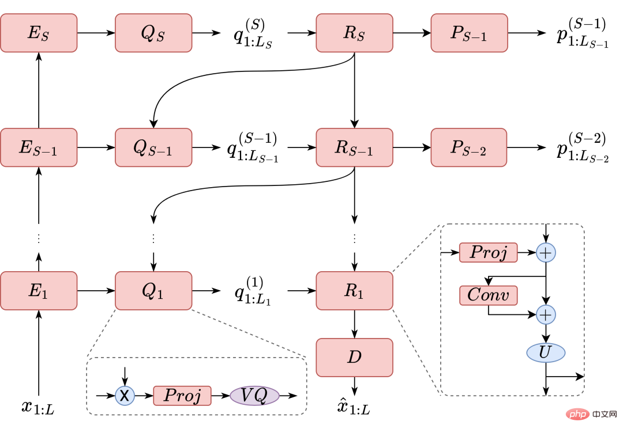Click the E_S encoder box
pos(39,33)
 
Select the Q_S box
pos(153,33)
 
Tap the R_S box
pos(354,33)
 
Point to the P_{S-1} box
pos(469,33)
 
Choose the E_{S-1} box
pos(39,147)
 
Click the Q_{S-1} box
pos(153,147)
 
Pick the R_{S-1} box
pos(354,147)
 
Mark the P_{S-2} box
pos(469,147)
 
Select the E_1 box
pos(39,290)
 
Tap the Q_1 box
pos(153,290)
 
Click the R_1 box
pos(354,290)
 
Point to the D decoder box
pos(354,357)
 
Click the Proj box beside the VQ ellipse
pos(182,396)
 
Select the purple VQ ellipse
pos(254,396)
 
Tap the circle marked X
pos(125,396)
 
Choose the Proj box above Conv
pos(488,252)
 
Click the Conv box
pos(488,295)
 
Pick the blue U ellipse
pos(546,352)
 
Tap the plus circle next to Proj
pos(546,252)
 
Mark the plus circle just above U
pos(546,315)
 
